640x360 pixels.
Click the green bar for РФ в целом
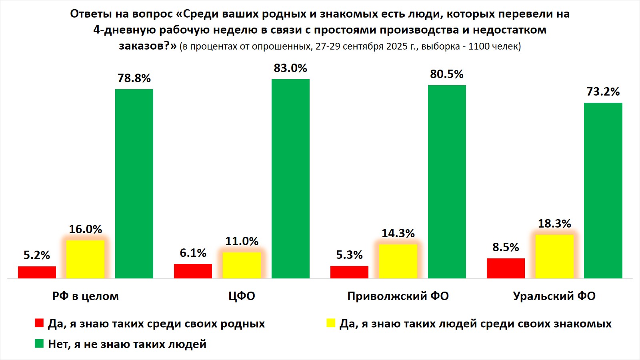point(134,184)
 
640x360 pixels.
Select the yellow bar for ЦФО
point(242,265)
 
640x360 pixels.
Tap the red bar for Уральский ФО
point(506,268)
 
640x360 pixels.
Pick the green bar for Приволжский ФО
point(447,182)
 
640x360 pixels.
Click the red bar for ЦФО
point(193,271)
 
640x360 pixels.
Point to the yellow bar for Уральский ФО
point(554,256)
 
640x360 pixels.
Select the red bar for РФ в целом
point(37,272)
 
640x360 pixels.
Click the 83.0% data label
point(290,68)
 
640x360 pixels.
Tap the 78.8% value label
point(134,78)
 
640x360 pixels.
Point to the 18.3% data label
point(554,224)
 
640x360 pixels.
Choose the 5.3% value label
point(349,255)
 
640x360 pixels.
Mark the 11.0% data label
point(242,241)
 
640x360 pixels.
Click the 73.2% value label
point(603,92)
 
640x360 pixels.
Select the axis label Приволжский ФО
point(398,296)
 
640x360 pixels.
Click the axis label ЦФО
point(242,296)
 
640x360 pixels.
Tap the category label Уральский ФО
point(554,296)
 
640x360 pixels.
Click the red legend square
point(39,323)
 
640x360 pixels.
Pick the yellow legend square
point(331,323)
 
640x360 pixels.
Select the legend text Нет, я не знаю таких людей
point(127,344)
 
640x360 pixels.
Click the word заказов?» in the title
point(148,46)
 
